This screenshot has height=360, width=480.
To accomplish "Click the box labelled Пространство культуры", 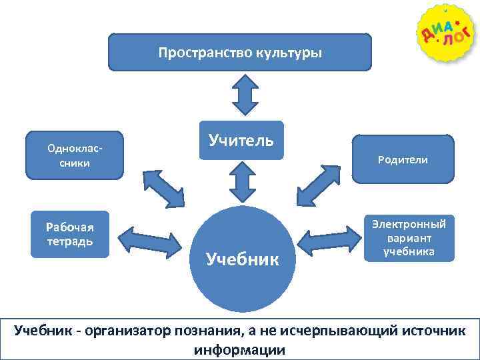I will (x=240, y=52).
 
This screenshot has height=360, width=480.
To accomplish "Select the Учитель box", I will (x=241, y=140).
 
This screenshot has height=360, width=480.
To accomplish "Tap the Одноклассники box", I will (x=75, y=155).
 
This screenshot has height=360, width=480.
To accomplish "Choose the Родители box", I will (x=403, y=159).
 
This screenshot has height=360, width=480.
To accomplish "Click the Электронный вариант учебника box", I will (x=409, y=237).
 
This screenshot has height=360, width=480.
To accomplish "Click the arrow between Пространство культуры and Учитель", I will (x=245, y=95).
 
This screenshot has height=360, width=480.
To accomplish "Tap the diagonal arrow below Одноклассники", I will (x=163, y=188).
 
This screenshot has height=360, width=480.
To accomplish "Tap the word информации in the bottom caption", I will (x=239, y=350).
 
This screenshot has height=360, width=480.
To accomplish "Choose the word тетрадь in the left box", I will (x=70, y=241).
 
